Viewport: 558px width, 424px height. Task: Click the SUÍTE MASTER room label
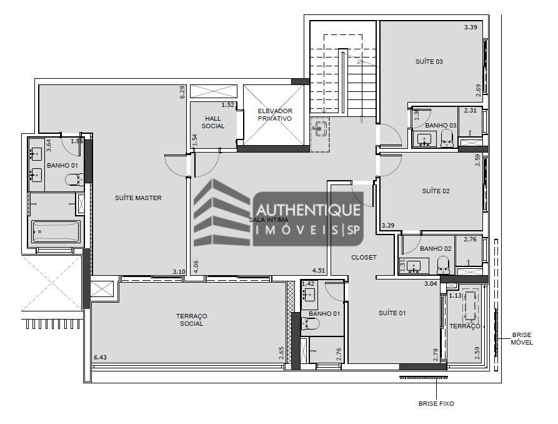pos(138,198)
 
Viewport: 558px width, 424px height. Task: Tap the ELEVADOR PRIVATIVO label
pos(275,114)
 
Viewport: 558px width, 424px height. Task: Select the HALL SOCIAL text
pos(212,122)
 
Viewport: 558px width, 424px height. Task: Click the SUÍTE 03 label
pos(429,62)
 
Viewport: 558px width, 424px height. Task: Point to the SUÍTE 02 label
pos(436,191)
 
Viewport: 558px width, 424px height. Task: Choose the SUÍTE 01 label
pos(392,313)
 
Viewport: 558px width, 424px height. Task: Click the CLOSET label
pos(364,258)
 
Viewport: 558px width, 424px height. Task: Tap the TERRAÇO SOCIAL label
pos(191,320)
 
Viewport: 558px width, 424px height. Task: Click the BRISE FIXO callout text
pos(436,404)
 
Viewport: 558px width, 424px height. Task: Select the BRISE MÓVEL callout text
pos(522,339)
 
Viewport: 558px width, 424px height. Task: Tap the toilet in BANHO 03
pos(447,138)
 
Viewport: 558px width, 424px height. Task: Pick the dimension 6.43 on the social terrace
pos(101,357)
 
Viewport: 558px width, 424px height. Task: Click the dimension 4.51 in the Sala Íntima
pos(319,271)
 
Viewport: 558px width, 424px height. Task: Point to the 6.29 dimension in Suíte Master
pos(182,92)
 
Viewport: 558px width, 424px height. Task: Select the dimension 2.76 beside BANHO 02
pos(470,239)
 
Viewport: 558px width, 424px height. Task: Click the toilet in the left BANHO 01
pos(74,181)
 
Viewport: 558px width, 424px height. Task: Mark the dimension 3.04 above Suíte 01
pos(431,284)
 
